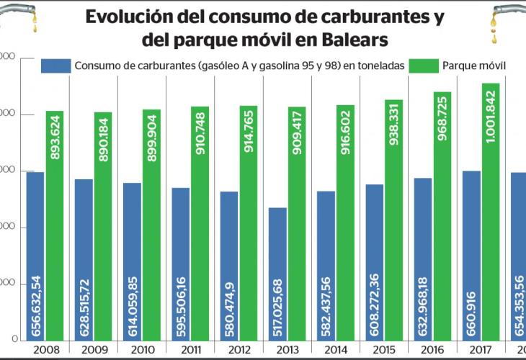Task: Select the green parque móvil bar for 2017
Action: [490, 216]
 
